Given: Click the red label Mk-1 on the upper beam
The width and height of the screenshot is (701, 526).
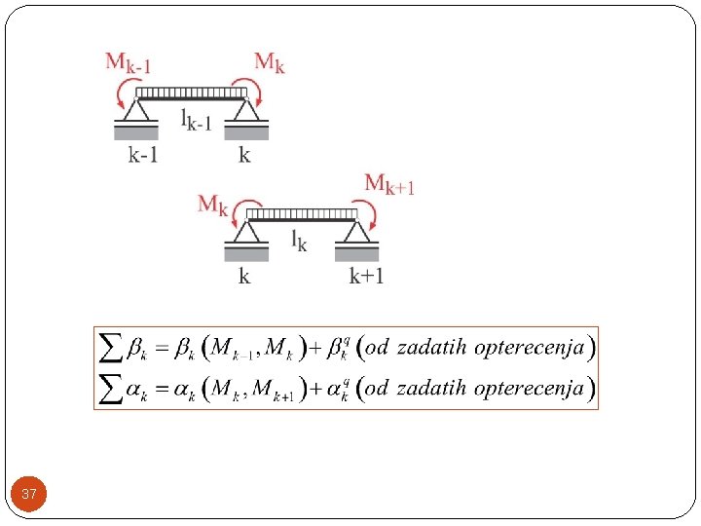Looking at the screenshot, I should pyautogui.click(x=128, y=64).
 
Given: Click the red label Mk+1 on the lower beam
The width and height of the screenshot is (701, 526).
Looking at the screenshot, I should pyautogui.click(x=389, y=184).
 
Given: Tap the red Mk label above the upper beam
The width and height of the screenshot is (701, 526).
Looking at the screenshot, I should pyautogui.click(x=270, y=63).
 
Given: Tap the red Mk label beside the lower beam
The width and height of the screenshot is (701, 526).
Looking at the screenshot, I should pyautogui.click(x=213, y=205).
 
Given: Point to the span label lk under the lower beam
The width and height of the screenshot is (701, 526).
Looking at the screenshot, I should pyautogui.click(x=299, y=241).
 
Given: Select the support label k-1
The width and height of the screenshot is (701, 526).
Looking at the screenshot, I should pyautogui.click(x=142, y=155).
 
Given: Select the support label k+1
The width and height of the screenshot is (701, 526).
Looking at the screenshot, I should pyautogui.click(x=367, y=276).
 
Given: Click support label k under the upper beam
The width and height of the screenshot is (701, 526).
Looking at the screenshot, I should pyautogui.click(x=243, y=155).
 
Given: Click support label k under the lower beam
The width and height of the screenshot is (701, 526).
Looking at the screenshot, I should pyautogui.click(x=244, y=276).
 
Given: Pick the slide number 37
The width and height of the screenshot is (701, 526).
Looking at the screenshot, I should pyautogui.click(x=29, y=495).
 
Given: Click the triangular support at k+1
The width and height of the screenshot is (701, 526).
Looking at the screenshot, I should pyautogui.click(x=358, y=232).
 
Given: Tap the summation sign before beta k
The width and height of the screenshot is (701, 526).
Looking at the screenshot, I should pyautogui.click(x=112, y=347).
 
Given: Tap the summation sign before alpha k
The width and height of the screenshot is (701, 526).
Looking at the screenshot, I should pyautogui.click(x=112, y=389).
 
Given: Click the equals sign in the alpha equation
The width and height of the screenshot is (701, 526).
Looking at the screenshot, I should pyautogui.click(x=162, y=390).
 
